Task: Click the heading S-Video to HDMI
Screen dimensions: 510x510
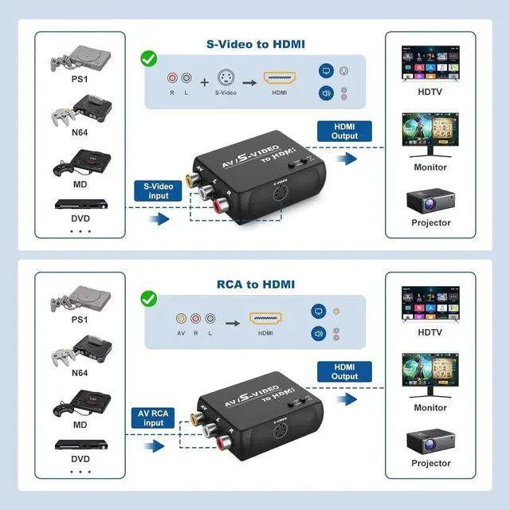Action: tap(255, 43)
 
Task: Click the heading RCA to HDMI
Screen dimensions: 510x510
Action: tap(255, 284)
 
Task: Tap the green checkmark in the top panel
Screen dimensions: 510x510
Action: tap(148, 59)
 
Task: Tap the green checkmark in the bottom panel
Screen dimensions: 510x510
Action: tap(148, 299)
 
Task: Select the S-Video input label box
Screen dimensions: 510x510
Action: tap(157, 190)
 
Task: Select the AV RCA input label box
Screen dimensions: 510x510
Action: tap(155, 418)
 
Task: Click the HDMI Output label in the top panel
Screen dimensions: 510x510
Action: tap(344, 131)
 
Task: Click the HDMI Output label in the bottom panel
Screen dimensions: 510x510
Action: tap(344, 371)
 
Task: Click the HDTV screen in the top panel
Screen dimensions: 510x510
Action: tap(431, 61)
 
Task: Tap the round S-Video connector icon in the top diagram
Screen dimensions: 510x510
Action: tap(226, 78)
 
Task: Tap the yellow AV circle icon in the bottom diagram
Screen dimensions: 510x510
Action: tap(181, 318)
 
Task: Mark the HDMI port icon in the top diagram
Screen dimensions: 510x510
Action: tap(280, 78)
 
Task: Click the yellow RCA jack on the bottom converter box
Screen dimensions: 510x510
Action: tap(195, 418)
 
